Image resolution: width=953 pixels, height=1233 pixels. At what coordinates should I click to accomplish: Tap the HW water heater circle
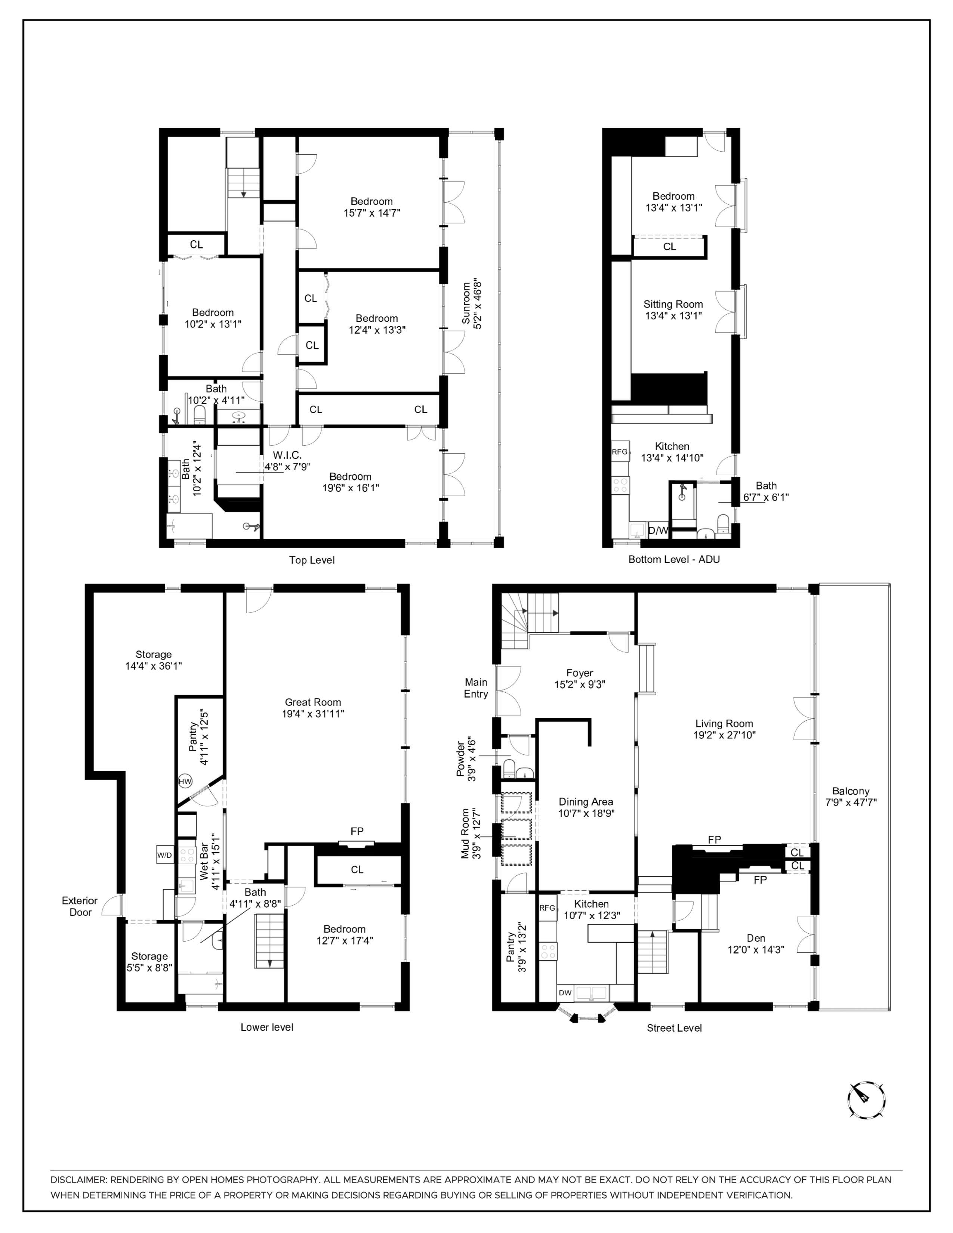click(185, 781)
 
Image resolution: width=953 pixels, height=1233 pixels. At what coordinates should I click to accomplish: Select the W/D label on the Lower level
click(164, 855)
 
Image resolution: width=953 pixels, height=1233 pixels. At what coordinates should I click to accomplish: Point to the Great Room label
click(313, 702)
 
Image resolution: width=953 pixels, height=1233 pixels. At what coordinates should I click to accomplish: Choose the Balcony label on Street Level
click(851, 791)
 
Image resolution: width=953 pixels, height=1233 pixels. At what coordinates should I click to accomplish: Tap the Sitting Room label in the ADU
click(673, 304)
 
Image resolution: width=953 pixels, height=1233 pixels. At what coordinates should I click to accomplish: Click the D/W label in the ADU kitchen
click(658, 531)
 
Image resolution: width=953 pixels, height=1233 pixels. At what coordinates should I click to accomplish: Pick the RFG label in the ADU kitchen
click(620, 452)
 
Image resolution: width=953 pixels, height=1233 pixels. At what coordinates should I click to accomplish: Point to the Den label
click(756, 938)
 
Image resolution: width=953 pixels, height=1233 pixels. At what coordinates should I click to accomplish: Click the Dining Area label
click(586, 802)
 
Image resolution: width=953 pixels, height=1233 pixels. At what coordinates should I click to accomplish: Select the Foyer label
click(580, 673)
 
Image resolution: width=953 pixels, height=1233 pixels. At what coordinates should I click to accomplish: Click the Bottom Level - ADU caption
click(674, 559)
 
